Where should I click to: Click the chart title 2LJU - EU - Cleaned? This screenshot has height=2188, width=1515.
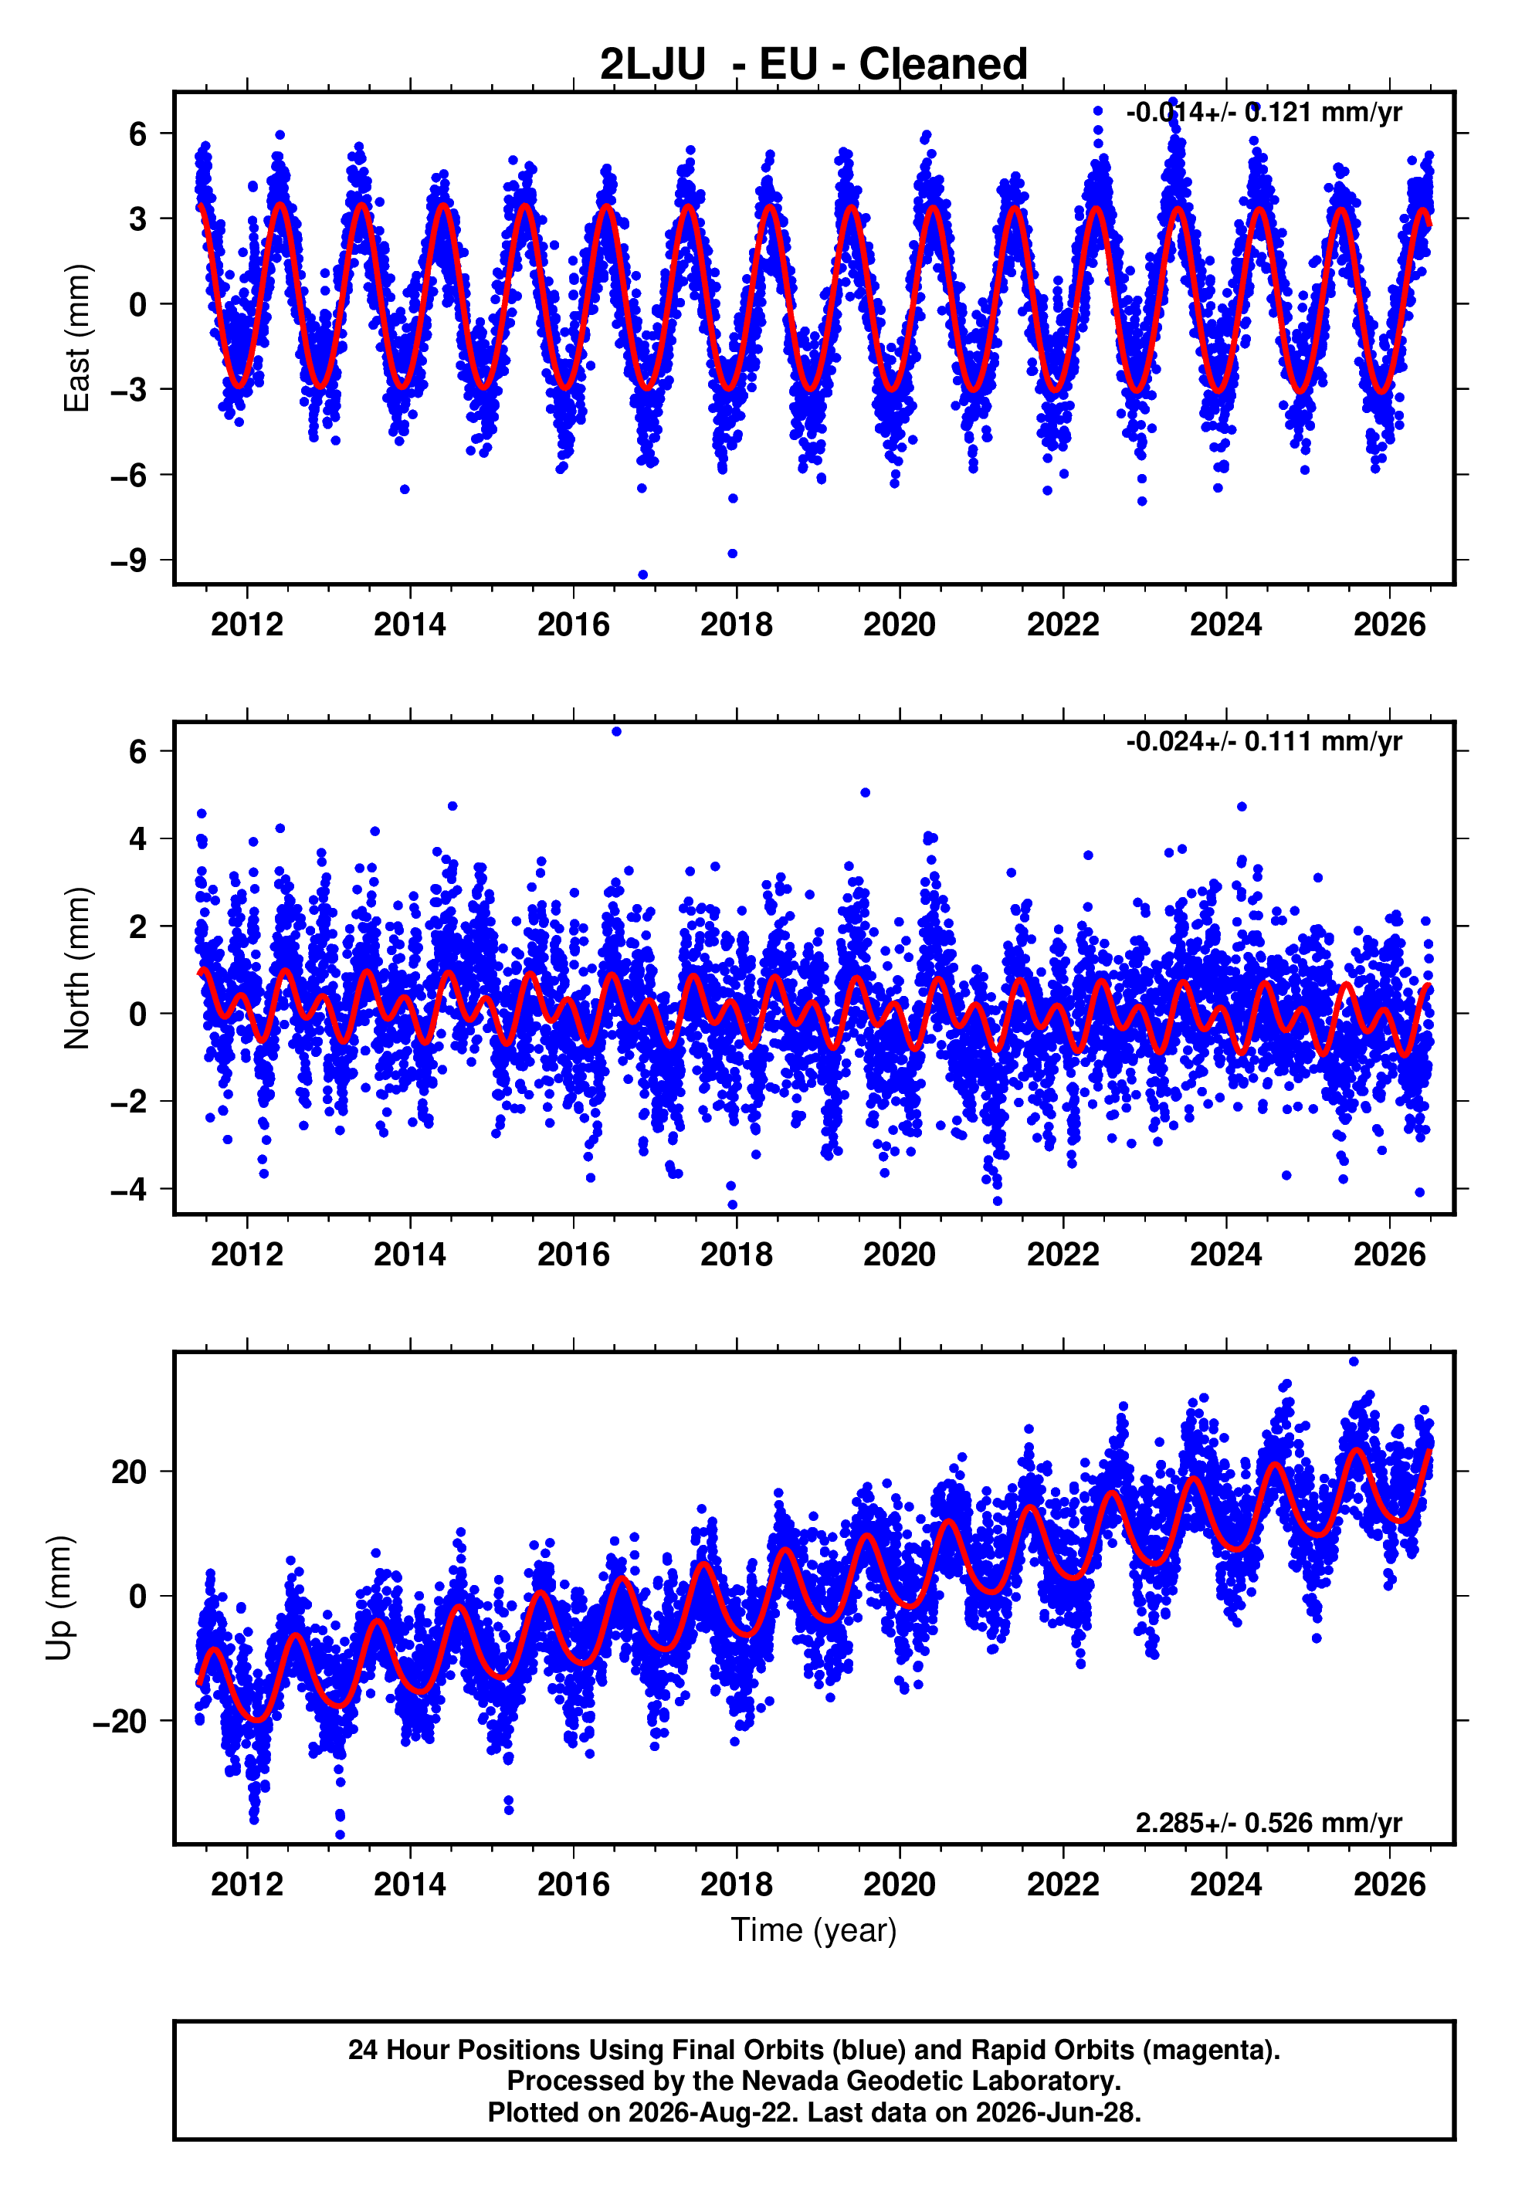point(814,65)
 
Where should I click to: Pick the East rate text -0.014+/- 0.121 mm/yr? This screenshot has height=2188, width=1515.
point(1263,112)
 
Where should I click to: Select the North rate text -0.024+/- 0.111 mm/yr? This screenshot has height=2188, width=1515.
point(1263,741)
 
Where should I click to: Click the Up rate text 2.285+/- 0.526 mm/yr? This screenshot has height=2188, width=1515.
point(1269,1823)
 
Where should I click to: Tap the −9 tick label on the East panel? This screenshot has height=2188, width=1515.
point(129,560)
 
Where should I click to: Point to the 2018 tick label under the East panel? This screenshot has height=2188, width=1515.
point(737,625)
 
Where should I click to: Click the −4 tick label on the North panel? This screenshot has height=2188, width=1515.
point(129,1189)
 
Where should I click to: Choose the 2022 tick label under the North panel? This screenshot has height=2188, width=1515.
point(1063,1255)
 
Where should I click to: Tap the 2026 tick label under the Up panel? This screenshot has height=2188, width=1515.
point(1390,1885)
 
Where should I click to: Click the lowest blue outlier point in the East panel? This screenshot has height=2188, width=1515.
point(642,575)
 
